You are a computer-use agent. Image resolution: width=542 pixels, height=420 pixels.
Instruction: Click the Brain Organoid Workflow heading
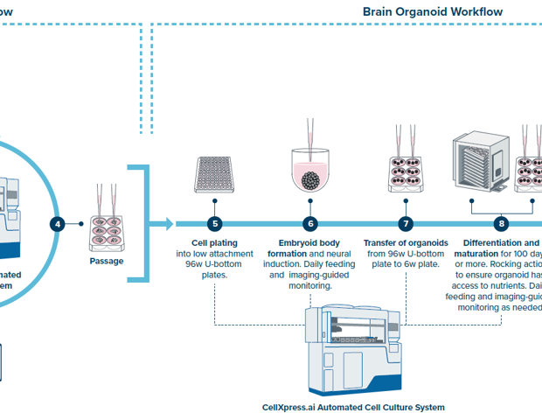445,12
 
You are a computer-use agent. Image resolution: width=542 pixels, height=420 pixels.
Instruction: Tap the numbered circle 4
58,224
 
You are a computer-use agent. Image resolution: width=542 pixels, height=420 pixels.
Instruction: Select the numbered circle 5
214,224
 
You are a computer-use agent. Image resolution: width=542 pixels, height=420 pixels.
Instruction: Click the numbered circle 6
309,224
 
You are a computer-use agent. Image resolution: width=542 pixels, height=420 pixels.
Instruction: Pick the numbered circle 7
406,224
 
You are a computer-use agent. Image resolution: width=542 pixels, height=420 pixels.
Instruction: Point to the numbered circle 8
501,224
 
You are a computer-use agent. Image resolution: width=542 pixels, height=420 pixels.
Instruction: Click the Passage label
107,261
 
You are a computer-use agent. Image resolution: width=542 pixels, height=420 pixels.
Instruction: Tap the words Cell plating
214,242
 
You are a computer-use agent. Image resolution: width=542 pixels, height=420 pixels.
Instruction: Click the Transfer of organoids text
406,242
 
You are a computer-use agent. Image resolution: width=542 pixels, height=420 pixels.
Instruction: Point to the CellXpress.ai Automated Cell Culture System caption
353,407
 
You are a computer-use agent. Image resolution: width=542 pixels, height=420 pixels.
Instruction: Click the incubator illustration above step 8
479,167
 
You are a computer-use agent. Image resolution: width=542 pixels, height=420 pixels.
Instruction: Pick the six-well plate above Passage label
107,231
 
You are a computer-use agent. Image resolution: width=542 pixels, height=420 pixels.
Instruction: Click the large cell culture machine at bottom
354,351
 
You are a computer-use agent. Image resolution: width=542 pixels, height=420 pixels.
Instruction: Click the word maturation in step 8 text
476,254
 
